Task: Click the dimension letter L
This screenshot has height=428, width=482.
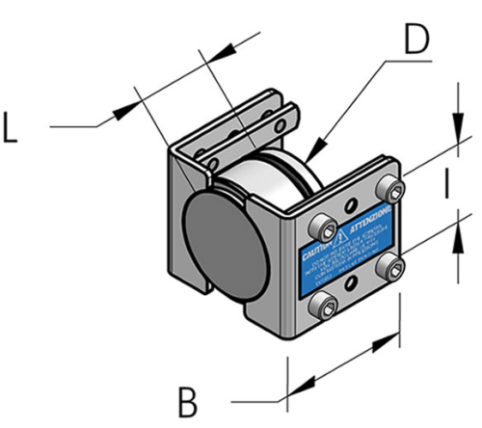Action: coord(13,129)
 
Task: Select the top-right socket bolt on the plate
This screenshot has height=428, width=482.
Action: coord(388,186)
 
